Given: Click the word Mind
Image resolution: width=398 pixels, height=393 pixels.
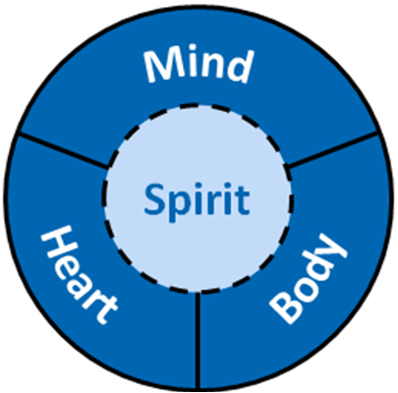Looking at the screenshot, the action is pyautogui.click(x=199, y=67).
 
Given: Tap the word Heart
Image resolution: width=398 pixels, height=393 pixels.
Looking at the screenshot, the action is pyautogui.click(x=79, y=274).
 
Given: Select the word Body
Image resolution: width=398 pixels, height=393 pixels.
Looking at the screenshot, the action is pyautogui.click(x=308, y=278).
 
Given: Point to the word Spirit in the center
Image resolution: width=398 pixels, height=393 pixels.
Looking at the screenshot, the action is pyautogui.click(x=197, y=200).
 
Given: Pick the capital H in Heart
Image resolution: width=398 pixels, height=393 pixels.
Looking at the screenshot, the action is pyautogui.click(x=56, y=243).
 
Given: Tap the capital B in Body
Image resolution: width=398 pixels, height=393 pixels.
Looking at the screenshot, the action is pyautogui.click(x=284, y=308).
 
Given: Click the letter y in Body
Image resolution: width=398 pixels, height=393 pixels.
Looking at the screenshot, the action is pyautogui.click(x=332, y=249).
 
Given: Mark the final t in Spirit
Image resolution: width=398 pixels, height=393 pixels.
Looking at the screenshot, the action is pyautogui.click(x=243, y=200).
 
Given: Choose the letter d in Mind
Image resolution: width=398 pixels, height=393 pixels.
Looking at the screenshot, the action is pyautogui.click(x=240, y=67).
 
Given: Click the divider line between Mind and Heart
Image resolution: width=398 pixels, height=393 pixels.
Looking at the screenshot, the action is pyautogui.click(x=64, y=150).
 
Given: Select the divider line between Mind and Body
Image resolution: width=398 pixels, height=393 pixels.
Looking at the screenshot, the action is pyautogui.click(x=332, y=149).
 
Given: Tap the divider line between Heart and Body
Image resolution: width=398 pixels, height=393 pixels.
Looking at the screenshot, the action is pyautogui.click(x=198, y=340).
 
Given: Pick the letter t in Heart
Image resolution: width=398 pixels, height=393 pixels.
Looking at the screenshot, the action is pyautogui.click(x=104, y=309).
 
